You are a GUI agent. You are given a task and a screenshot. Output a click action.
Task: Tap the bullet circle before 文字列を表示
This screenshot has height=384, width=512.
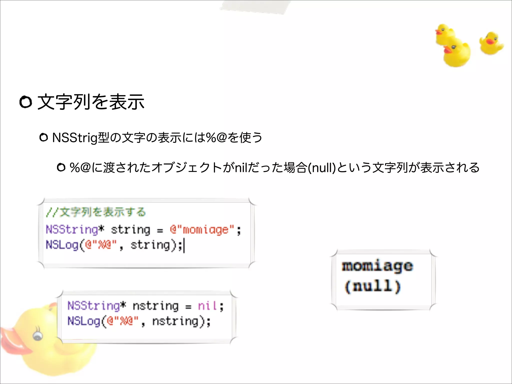26,102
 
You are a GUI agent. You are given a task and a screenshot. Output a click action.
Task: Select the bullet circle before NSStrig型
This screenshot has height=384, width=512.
44,137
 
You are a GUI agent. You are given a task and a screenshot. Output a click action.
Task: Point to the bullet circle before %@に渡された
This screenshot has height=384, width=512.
61,167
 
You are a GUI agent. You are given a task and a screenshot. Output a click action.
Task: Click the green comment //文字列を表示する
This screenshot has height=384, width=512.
96,212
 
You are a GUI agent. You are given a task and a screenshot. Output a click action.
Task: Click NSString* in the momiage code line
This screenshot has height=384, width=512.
75,229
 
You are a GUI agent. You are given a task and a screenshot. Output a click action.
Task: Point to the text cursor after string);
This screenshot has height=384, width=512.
184,245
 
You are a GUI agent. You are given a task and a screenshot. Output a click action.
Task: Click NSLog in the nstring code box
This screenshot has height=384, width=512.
84,321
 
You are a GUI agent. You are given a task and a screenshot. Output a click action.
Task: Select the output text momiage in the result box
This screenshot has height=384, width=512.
377,266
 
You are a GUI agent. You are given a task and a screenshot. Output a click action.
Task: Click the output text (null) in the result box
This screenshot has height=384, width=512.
372,286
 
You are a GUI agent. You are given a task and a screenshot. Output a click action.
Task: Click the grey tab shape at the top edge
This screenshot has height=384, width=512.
255,6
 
